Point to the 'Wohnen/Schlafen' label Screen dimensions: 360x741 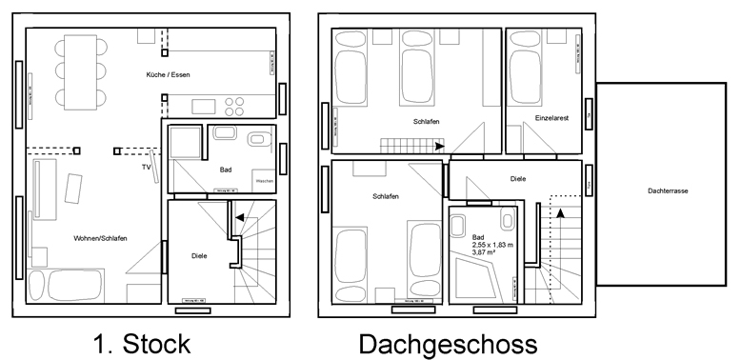click(x=100, y=237)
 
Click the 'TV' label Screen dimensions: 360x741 click(x=146, y=167)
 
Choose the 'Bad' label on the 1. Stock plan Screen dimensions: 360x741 click(x=226, y=170)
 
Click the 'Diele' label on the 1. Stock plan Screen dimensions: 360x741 click(x=199, y=255)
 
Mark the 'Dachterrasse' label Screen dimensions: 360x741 click(x=667, y=190)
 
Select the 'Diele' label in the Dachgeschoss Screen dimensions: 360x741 click(x=518, y=178)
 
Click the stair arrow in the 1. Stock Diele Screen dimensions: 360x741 click(x=239, y=217)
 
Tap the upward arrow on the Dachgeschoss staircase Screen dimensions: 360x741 click(x=561, y=213)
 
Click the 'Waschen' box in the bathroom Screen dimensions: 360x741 click(x=264, y=181)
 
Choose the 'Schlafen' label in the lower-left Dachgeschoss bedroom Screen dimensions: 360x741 click(x=386, y=196)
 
